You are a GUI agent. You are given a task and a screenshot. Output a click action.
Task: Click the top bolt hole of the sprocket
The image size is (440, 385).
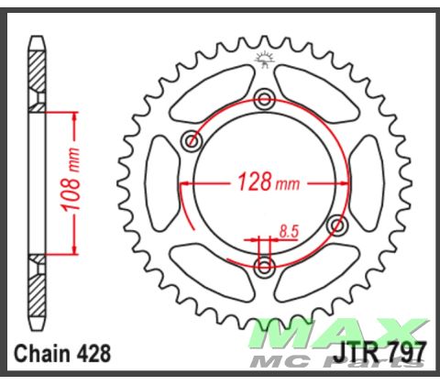pos(265,100)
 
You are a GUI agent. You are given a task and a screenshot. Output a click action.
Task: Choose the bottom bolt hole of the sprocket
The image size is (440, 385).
pos(265,266)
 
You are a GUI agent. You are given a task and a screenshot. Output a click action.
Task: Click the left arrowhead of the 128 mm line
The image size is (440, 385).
pos(187,183)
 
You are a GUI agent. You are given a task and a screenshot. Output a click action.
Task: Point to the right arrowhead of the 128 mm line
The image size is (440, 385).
pos(343,183)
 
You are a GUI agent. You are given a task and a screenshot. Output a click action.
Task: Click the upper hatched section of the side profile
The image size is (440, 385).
pos(36,70)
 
